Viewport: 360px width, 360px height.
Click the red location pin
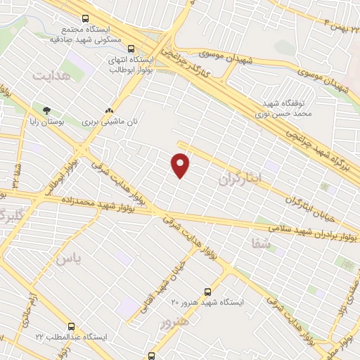point(181,165)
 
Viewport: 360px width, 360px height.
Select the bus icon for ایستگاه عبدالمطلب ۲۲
point(71,326)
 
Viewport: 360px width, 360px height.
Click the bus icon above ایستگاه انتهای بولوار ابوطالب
point(131,49)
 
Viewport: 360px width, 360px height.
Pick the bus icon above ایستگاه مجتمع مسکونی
point(85,18)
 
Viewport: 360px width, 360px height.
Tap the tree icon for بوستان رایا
point(46,110)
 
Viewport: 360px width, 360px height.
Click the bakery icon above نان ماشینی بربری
point(109,110)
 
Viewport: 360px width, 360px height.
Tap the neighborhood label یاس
point(69,260)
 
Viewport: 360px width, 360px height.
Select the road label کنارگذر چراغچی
point(193,64)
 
